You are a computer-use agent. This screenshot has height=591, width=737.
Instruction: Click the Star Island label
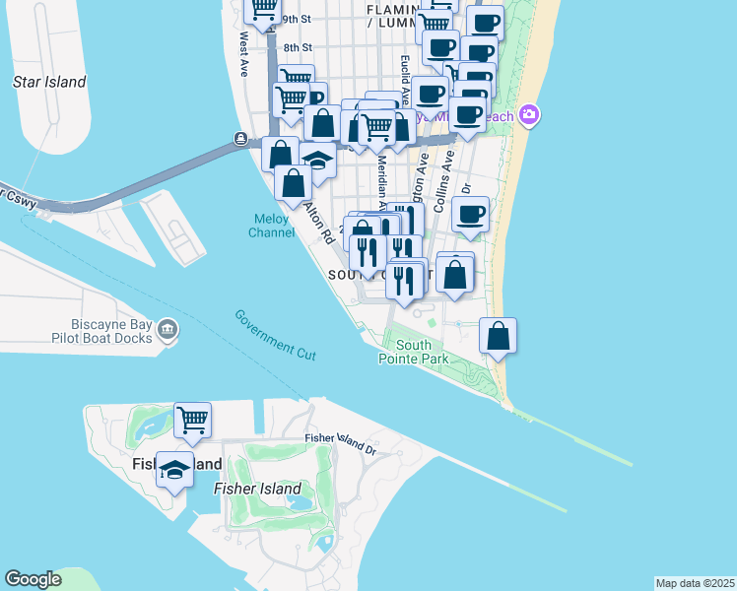pyautogui.click(x=49, y=82)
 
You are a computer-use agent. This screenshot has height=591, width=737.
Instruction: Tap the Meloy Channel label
pyautogui.click(x=271, y=226)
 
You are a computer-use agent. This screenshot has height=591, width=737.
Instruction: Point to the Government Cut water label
pyautogui.click(x=276, y=333)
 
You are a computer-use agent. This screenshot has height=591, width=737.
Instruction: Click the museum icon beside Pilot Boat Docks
pyautogui.click(x=167, y=329)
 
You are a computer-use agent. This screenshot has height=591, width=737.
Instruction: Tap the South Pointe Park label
pyautogui.click(x=414, y=352)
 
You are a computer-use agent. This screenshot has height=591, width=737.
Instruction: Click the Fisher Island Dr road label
pyautogui.click(x=341, y=442)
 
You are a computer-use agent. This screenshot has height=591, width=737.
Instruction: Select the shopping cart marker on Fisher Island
pyautogui.click(x=192, y=421)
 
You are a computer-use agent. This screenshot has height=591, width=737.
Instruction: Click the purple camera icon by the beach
pyautogui.click(x=530, y=115)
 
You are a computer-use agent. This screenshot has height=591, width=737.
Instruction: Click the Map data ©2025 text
pyautogui.click(x=695, y=582)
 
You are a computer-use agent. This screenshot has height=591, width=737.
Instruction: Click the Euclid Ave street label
pyautogui.click(x=405, y=74)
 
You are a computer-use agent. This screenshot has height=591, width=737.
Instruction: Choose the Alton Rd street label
pyautogui.click(x=317, y=226)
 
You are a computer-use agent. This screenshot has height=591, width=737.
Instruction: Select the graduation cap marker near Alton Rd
pyautogui.click(x=317, y=160)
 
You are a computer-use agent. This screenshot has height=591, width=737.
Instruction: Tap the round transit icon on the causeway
pyautogui.click(x=240, y=139)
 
